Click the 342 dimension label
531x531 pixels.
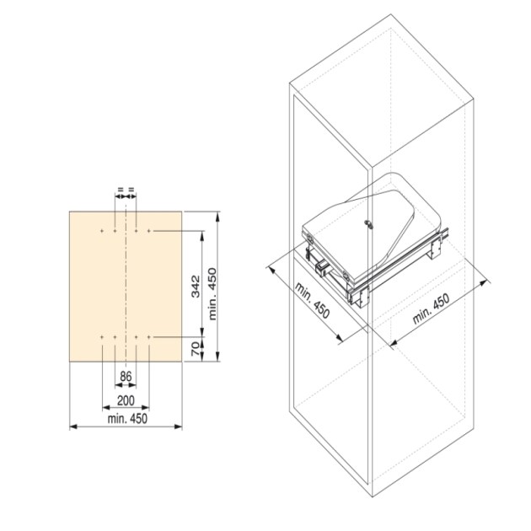[x=196, y=287]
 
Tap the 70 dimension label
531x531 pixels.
[x=196, y=349]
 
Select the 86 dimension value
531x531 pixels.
[x=126, y=376]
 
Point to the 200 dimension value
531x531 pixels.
[x=126, y=400]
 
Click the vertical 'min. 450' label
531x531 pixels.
[x=212, y=294]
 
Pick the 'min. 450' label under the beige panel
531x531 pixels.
[x=127, y=419]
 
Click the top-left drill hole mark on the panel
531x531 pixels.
[x=102, y=231]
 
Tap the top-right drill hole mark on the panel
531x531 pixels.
[x=149, y=231]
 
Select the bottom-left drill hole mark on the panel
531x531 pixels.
[x=102, y=337]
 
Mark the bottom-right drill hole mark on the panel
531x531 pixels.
[x=149, y=337]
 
